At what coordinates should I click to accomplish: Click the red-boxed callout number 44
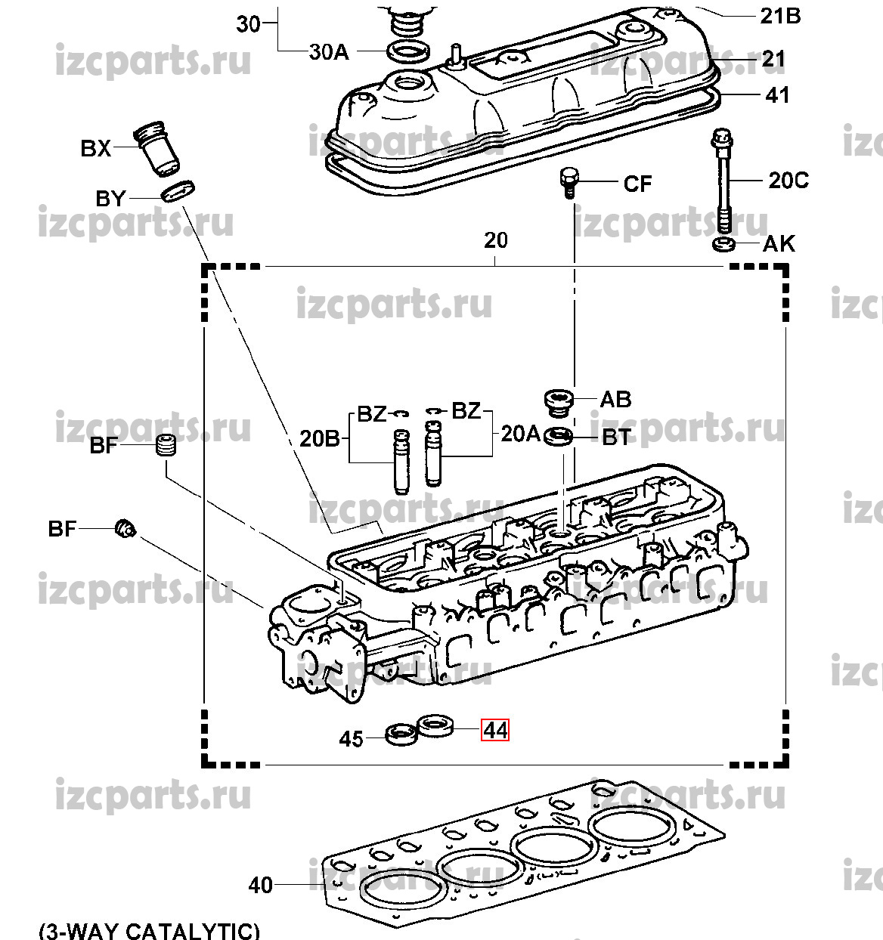pos(495,731)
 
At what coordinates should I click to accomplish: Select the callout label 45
pos(351,738)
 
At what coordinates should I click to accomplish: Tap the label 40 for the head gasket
pos(260,884)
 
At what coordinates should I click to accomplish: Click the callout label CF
pos(637,184)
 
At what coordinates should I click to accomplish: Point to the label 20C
pos(788,181)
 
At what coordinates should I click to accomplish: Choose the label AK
pos(779,244)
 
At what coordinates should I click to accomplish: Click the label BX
pos(95,149)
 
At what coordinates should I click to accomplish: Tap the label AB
pos(615,399)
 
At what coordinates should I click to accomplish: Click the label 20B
pos(320,438)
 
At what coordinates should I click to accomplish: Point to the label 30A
pos(329,51)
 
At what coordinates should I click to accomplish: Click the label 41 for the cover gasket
pos(777,95)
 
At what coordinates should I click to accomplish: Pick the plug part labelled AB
pos(559,400)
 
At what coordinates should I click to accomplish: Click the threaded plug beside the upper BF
pos(166,446)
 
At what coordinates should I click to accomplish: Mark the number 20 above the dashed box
pos(495,240)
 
